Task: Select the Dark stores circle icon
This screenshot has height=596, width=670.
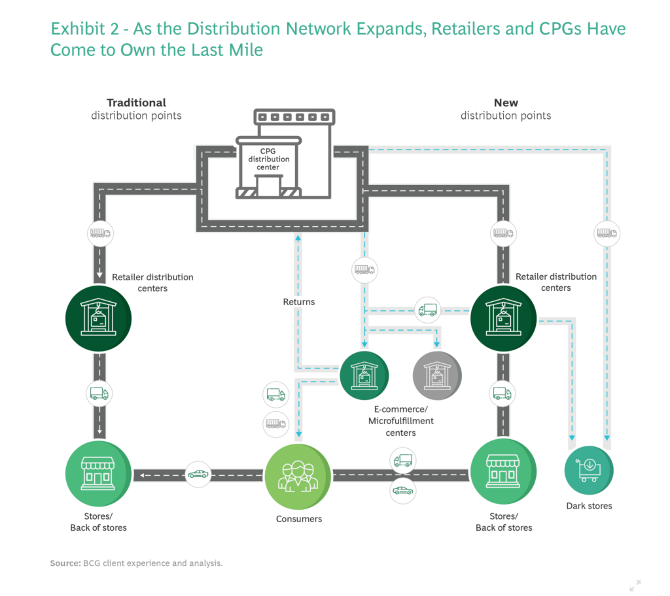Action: tap(589, 469)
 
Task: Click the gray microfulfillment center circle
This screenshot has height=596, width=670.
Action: tap(436, 375)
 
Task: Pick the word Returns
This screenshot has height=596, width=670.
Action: tap(299, 302)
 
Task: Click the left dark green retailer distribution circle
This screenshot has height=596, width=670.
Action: tap(99, 319)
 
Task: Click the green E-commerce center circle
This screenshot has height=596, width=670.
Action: tap(364, 375)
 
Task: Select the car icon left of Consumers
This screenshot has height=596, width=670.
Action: tap(198, 474)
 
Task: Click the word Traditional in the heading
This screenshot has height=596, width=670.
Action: tap(136, 103)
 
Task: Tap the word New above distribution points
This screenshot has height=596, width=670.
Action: tap(506, 103)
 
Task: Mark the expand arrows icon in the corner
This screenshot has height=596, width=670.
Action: tap(635, 585)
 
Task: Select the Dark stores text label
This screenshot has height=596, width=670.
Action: tap(589, 506)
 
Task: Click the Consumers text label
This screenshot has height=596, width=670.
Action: tap(299, 519)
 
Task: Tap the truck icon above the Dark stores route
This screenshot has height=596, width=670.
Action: tap(607, 233)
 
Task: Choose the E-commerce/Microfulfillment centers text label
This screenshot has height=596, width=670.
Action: tap(400, 421)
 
